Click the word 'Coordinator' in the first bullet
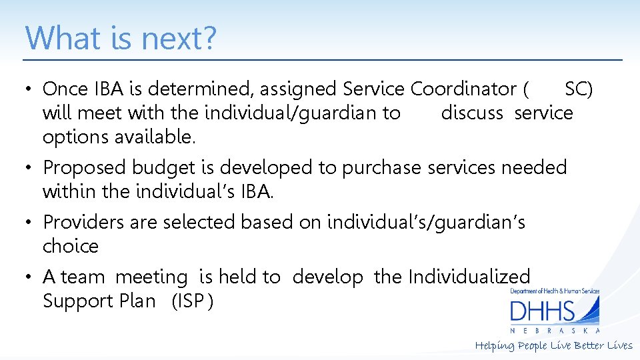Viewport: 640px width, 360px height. point(464,89)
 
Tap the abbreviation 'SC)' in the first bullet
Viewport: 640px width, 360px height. point(579,89)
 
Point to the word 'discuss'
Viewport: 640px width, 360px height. point(472,113)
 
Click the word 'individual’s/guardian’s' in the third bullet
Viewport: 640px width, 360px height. point(426,221)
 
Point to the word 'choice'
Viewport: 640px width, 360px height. point(70,246)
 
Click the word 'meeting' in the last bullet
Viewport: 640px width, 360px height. point(151,277)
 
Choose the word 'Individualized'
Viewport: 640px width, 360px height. point(469,277)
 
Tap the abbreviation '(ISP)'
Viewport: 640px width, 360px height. point(193,301)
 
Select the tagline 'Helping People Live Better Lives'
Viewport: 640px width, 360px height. point(553,345)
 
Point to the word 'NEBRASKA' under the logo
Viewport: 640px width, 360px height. point(555,331)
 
